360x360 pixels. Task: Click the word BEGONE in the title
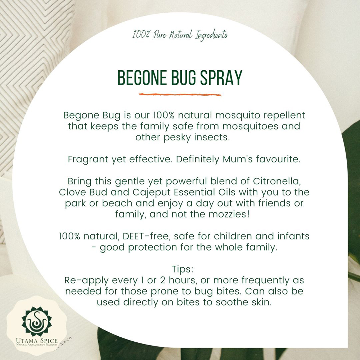(x=142, y=78)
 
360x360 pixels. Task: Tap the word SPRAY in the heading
(x=221, y=78)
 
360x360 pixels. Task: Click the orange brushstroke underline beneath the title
(x=180, y=94)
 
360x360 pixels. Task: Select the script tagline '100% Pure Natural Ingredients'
(x=180, y=35)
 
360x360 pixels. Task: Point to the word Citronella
(x=277, y=181)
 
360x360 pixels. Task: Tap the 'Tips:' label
(x=183, y=269)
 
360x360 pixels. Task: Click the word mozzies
(x=229, y=214)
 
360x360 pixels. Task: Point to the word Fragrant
(x=88, y=159)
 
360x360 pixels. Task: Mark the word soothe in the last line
(x=232, y=302)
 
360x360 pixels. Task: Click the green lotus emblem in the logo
(x=37, y=321)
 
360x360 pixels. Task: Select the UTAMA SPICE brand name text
(x=37, y=341)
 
